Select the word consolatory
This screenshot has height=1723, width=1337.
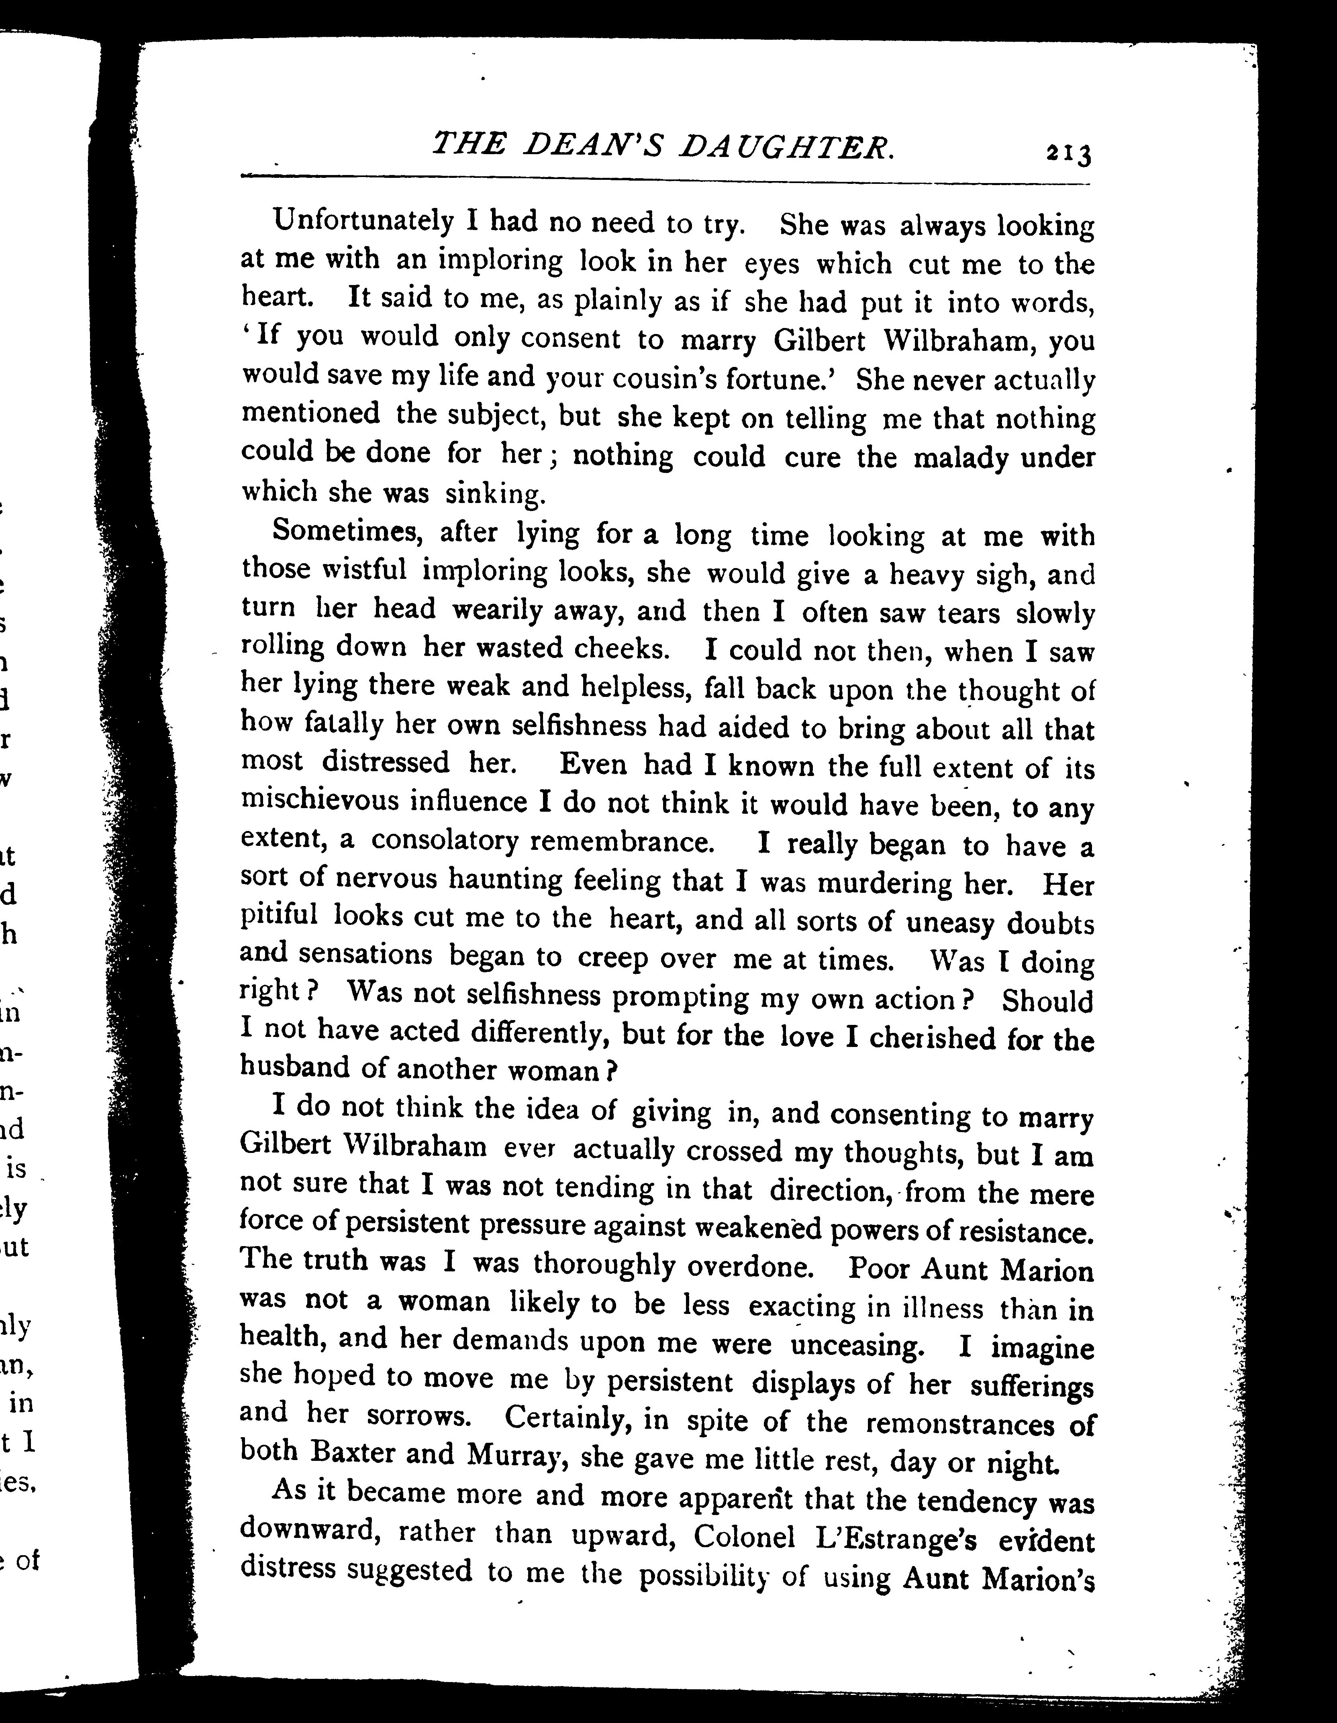[444, 841]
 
